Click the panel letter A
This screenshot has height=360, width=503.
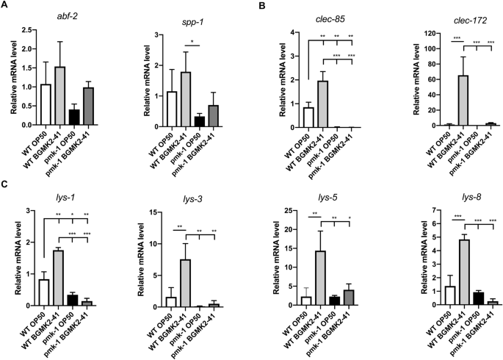pyautogui.click(x=4, y=6)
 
